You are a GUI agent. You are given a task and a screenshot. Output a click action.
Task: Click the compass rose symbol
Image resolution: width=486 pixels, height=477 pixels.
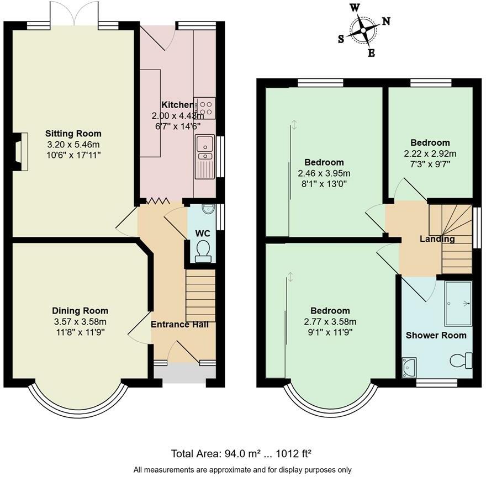tap(363, 30)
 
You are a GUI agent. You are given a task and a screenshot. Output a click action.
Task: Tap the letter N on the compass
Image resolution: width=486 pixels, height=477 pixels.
tap(385, 21)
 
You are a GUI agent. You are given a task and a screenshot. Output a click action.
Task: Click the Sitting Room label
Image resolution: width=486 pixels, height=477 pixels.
tap(73, 134)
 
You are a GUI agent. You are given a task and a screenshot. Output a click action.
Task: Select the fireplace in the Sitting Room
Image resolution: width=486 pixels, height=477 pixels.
tap(20, 152)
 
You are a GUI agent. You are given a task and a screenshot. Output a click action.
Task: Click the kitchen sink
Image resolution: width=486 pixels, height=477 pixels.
tap(204, 157)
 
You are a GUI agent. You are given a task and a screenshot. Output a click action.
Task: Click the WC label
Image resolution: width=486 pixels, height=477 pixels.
tap(203, 234)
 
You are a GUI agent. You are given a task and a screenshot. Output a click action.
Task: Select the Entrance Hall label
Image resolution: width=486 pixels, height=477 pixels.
tap(180, 325)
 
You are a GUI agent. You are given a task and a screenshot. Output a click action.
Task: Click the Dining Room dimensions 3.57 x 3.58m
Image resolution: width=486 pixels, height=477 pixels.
tap(80, 322)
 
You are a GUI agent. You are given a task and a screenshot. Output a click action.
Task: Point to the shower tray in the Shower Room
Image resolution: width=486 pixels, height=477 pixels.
tap(458, 304)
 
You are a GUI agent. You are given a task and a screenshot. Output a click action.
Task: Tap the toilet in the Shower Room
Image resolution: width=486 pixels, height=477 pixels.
tap(461, 361)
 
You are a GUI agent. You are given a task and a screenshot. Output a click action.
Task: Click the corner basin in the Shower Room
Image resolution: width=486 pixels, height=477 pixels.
tap(409, 368)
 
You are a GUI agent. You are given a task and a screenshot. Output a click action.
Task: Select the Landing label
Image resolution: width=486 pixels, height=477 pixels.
tap(437, 239)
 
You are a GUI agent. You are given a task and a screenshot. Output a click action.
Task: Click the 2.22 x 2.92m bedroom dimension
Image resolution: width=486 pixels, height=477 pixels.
tap(430, 153)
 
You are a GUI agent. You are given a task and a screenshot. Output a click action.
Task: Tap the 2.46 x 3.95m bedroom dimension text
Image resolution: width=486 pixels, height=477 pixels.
tap(324, 173)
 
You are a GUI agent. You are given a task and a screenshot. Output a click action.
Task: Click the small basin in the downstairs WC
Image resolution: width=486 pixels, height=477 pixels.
tap(207, 209)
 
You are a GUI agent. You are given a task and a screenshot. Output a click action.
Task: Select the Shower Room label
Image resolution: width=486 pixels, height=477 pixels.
tap(436, 335)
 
